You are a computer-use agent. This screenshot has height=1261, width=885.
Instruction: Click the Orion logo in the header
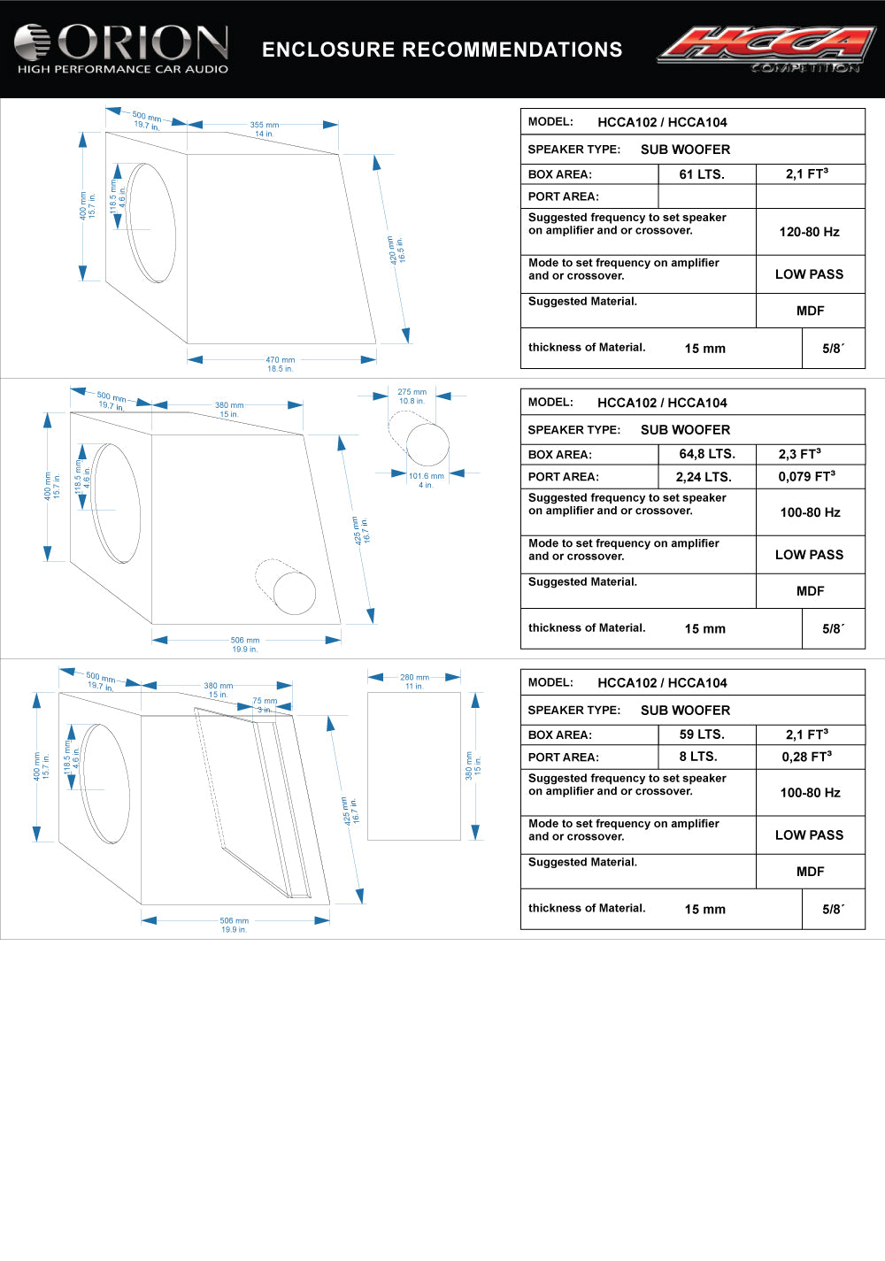(x=122, y=49)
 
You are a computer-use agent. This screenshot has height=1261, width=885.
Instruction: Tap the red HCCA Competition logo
(x=766, y=48)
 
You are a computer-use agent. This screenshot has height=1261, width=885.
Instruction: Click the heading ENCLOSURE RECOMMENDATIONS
(x=442, y=50)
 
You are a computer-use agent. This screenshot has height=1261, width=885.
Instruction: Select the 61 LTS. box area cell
(x=702, y=174)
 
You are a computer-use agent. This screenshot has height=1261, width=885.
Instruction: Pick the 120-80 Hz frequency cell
(x=809, y=232)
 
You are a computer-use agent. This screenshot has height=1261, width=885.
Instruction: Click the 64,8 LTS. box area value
(x=707, y=454)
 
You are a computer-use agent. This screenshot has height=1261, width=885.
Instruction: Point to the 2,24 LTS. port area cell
(x=704, y=477)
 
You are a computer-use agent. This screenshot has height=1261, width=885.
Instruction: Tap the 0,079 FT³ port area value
(x=806, y=477)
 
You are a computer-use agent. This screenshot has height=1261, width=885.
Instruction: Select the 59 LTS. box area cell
(x=702, y=734)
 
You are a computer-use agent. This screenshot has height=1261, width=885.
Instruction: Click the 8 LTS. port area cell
(x=698, y=757)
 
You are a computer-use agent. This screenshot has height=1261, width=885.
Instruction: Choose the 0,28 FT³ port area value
(x=806, y=757)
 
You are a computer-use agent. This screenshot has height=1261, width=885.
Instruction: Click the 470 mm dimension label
(x=281, y=360)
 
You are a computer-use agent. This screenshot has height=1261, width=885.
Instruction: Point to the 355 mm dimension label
(x=264, y=126)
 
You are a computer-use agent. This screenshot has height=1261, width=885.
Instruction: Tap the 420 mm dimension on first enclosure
(x=392, y=250)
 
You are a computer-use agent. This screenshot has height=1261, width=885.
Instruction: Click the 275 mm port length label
(x=412, y=392)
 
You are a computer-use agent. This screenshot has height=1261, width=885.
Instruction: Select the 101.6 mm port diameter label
(x=427, y=476)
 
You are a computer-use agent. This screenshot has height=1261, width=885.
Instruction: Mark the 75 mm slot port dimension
(x=265, y=701)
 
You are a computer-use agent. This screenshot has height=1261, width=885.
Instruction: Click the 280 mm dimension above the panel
(x=414, y=678)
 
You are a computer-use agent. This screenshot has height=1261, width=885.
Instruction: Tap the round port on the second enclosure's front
(x=294, y=592)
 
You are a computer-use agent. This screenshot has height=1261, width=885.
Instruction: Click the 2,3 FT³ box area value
(x=799, y=454)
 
